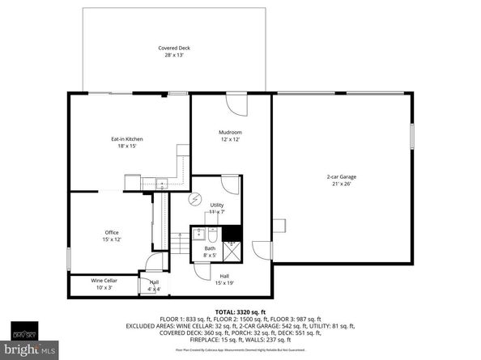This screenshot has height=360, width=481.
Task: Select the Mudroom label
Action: coord(230,132)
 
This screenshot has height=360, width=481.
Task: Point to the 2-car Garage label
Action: coord(342,176)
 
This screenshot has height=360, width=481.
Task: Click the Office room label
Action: coord(111,232)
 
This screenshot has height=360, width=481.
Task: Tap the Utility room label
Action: coord(216,205)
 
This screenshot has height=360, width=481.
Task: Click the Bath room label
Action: coord(209,249)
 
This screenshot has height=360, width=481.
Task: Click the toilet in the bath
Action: coord(211,235)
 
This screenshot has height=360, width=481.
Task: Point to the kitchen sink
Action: coord(162,184)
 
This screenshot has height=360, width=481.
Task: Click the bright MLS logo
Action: coord(28,349)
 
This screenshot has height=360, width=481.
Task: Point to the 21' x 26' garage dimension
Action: coord(342,184)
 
